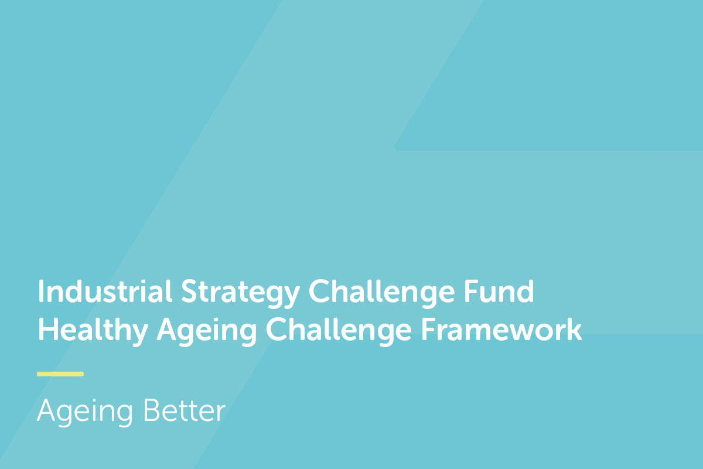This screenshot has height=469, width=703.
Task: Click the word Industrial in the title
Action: click(x=105, y=291)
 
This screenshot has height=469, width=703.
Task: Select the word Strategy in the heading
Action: click(x=240, y=293)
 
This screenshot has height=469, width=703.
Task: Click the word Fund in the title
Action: click(x=499, y=291)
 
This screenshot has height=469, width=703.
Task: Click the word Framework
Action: click(x=501, y=329)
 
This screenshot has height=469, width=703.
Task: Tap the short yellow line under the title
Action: click(x=60, y=374)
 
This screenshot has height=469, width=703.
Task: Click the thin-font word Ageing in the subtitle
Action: click(x=85, y=412)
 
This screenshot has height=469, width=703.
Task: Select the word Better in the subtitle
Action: click(x=185, y=410)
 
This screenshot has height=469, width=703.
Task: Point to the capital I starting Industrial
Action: click(x=40, y=291)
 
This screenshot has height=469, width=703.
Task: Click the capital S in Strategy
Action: click(x=190, y=291)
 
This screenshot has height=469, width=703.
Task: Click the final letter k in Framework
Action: click(x=573, y=329)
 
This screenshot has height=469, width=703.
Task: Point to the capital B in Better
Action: click(x=151, y=410)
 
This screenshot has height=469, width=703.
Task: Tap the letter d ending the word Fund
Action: click(x=525, y=291)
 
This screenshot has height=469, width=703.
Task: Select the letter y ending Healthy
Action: click(x=138, y=335)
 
